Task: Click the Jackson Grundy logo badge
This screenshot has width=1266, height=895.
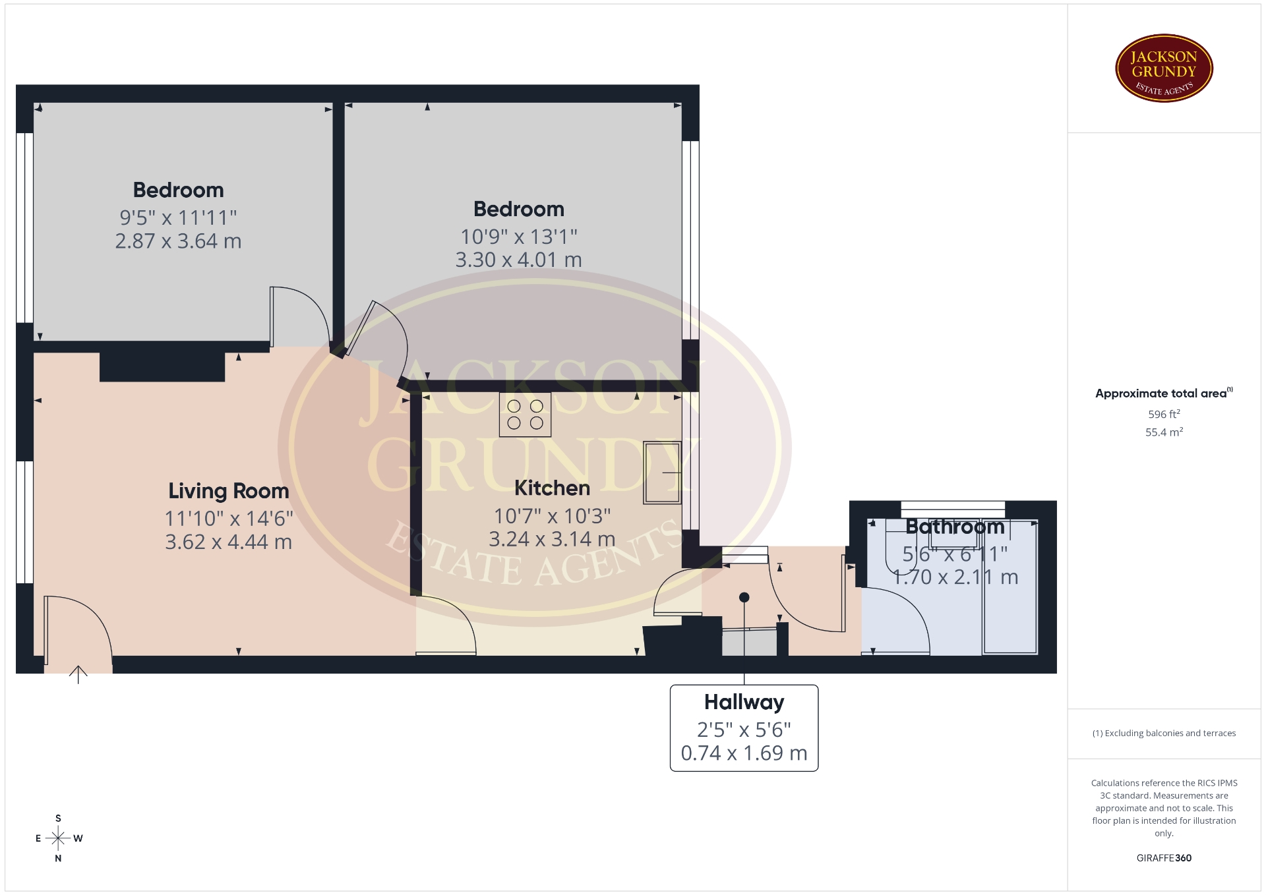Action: (x=1164, y=69)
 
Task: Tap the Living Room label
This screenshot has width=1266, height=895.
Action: (x=229, y=491)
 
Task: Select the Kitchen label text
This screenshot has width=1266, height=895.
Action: (x=552, y=488)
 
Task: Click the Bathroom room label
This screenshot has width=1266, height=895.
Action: (x=955, y=527)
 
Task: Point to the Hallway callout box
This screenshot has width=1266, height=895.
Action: (x=744, y=728)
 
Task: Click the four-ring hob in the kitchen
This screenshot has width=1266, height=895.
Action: (x=525, y=415)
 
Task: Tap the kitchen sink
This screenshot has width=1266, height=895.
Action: (x=662, y=472)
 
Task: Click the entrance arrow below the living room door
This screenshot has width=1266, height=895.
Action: (x=78, y=674)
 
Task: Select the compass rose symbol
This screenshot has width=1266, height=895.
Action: (x=58, y=838)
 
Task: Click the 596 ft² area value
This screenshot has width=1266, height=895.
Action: (x=1164, y=415)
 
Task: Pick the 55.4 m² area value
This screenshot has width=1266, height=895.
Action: (x=1164, y=432)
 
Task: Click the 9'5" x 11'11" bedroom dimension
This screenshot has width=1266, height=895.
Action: (x=178, y=217)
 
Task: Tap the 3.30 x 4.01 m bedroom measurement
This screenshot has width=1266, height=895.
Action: (x=519, y=260)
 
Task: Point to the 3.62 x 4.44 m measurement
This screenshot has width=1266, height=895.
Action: (x=229, y=542)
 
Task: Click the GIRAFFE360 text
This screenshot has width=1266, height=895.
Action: (x=1164, y=858)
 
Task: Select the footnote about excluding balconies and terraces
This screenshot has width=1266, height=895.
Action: (x=1164, y=733)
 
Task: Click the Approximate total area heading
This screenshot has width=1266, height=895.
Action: (x=1164, y=393)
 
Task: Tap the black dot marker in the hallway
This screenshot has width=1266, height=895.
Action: (x=744, y=598)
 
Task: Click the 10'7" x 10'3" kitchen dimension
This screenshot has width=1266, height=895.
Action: (x=553, y=515)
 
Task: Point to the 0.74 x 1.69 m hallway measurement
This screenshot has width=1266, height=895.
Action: (x=744, y=753)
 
